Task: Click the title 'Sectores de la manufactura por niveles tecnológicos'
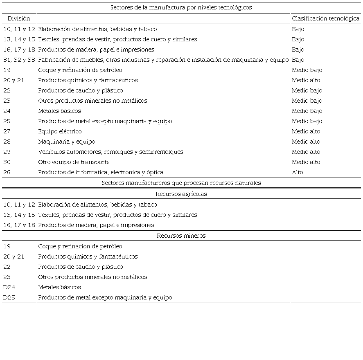(x=181, y=7)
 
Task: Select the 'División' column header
(x=19, y=18)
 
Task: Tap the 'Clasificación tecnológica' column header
(x=325, y=18)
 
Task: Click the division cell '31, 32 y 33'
(x=19, y=60)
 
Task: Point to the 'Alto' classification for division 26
(x=298, y=172)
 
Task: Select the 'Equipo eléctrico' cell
(x=60, y=131)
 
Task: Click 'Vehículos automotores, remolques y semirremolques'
(x=110, y=152)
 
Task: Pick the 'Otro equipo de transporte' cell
(x=74, y=162)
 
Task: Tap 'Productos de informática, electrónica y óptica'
(x=101, y=172)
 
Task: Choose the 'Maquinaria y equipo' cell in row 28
(x=67, y=142)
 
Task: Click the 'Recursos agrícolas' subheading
(x=181, y=194)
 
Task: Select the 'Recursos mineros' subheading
(x=181, y=236)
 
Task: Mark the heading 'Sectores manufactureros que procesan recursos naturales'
(x=181, y=183)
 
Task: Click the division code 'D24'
(x=9, y=287)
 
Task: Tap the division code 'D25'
(x=9, y=297)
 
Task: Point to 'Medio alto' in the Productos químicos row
(x=306, y=80)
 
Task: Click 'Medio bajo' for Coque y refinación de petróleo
(x=307, y=70)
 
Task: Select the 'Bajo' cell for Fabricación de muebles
(x=298, y=60)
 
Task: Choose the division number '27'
(x=7, y=131)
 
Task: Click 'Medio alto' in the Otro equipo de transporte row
(x=306, y=162)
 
